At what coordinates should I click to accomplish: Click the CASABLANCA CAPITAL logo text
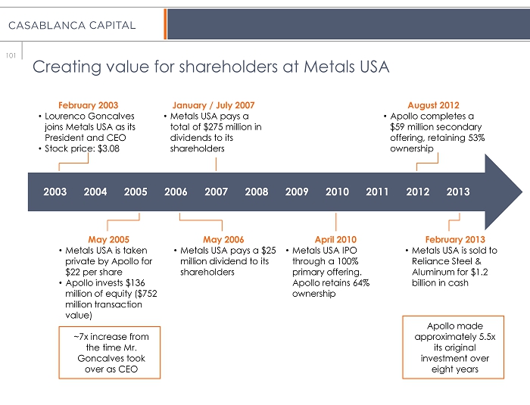72,25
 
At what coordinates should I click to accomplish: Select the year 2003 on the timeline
55,192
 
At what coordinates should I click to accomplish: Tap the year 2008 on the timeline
257,192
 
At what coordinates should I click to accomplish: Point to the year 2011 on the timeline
377,192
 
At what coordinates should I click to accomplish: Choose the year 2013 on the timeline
458,192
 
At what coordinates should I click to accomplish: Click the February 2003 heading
88,105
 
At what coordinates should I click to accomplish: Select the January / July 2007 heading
214,105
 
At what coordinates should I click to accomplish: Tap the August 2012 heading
433,105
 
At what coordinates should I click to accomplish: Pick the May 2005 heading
108,240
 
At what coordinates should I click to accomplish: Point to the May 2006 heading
223,240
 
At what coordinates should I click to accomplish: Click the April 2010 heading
335,240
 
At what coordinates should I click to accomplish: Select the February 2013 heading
455,240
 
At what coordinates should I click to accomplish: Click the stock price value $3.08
106,148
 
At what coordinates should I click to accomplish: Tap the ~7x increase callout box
110,353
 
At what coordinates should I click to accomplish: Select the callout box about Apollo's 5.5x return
452,347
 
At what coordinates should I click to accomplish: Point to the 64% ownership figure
359,282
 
